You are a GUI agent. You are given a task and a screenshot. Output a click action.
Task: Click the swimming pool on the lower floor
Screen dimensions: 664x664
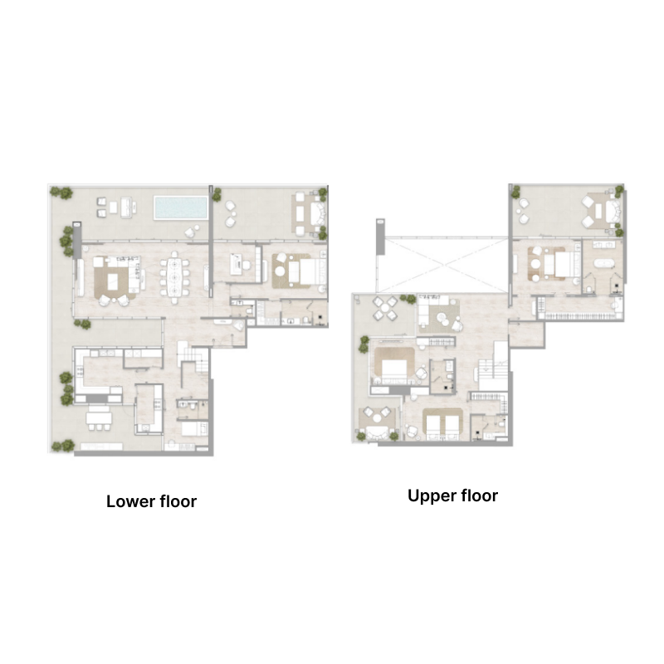(x=180, y=207)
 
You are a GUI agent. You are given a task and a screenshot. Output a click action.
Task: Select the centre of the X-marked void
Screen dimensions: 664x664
(x=445, y=266)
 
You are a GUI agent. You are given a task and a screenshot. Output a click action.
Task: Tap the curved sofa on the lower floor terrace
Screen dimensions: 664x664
(x=311, y=213)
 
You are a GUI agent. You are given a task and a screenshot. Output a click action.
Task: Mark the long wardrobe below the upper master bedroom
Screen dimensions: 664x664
(x=577, y=315)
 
